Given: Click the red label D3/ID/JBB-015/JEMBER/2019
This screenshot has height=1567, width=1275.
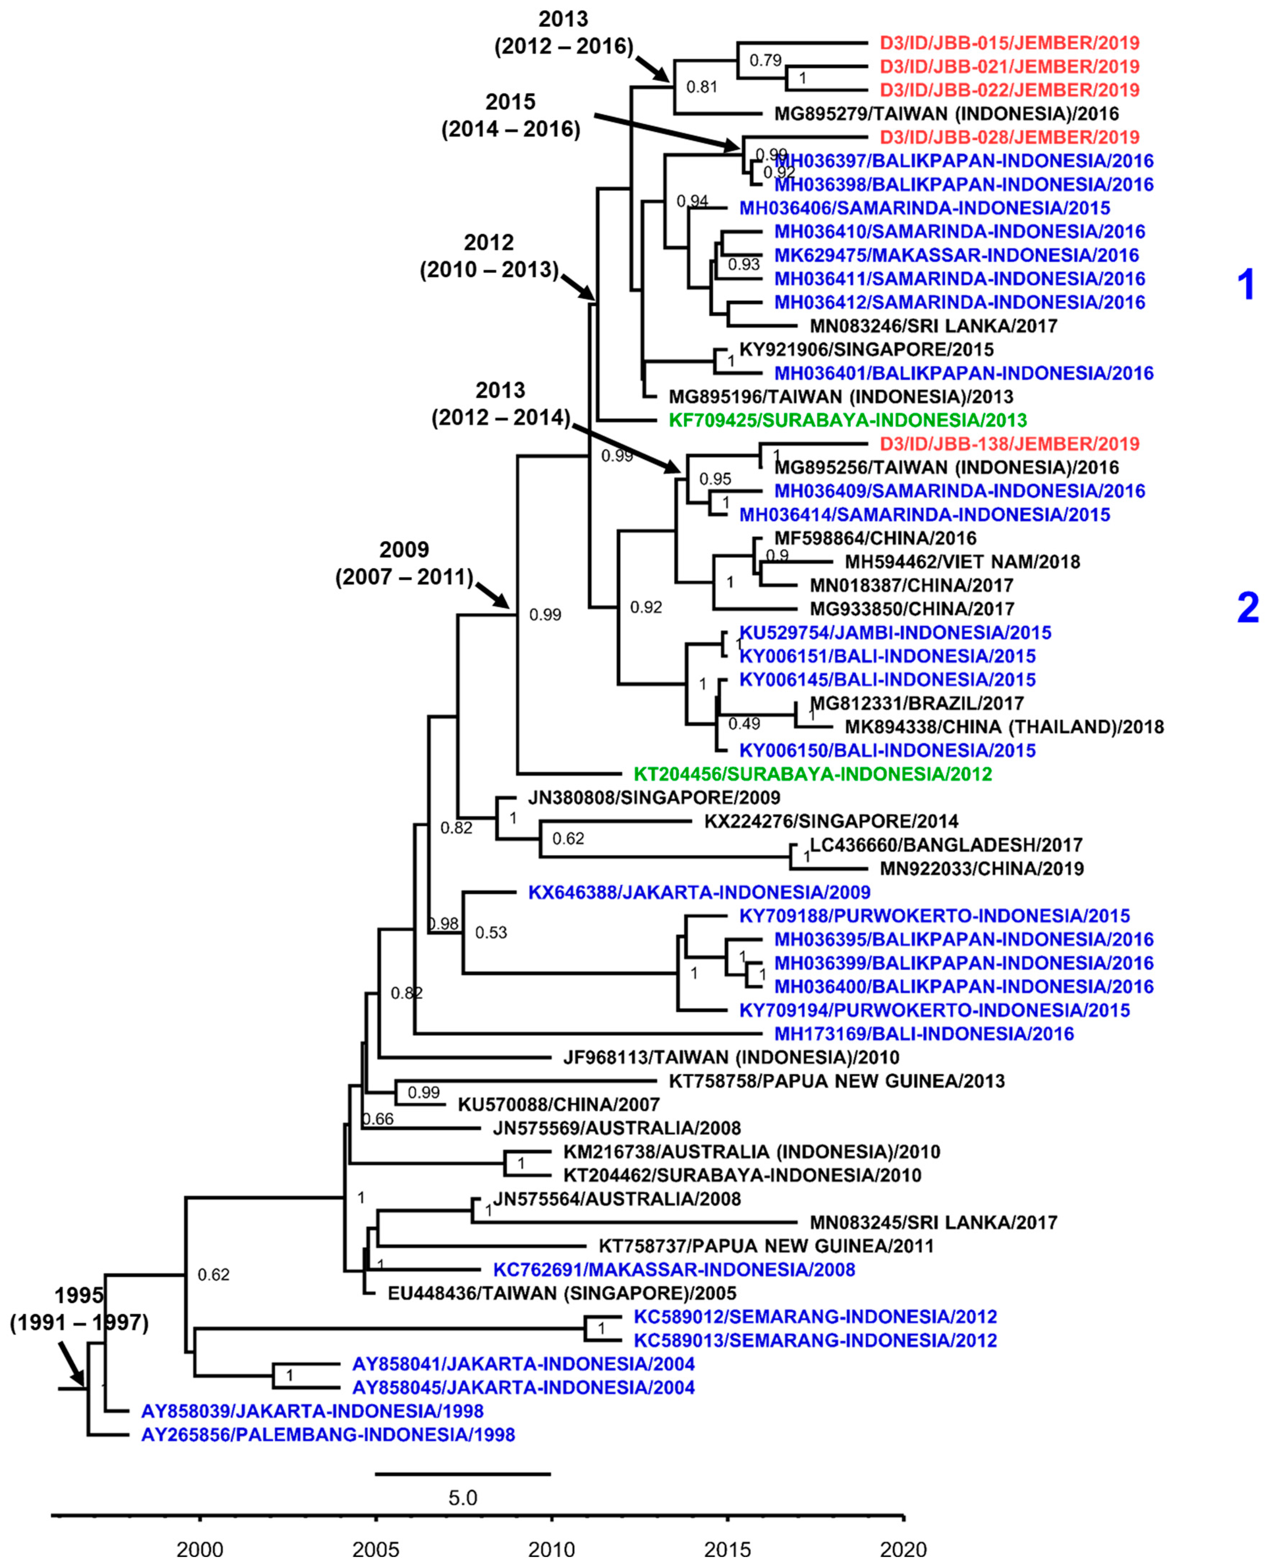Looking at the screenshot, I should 1009,43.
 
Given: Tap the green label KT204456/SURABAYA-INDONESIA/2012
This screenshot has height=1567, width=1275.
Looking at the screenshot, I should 812,774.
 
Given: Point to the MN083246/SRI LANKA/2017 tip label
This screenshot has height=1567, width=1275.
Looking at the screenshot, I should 933,326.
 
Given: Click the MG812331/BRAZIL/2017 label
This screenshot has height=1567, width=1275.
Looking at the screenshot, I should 917,703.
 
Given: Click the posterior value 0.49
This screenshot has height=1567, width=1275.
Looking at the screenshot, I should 744,724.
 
